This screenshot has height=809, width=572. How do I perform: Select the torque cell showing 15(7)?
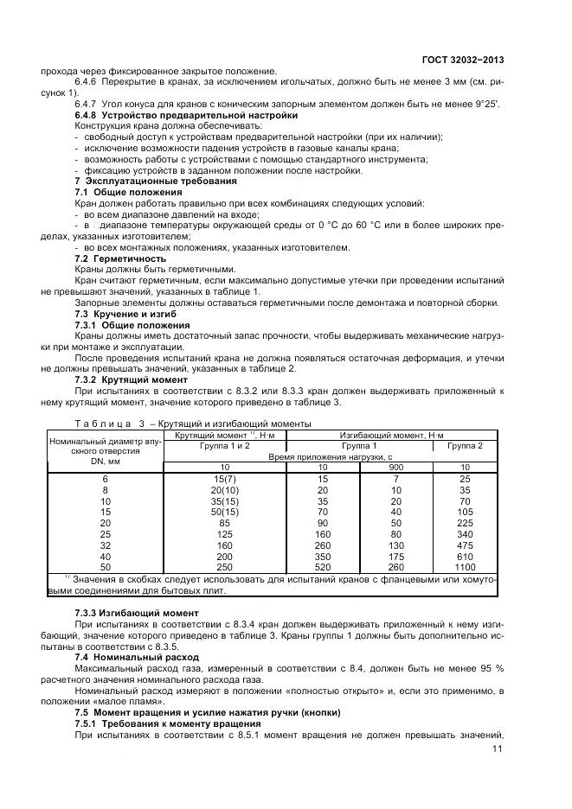(224, 478)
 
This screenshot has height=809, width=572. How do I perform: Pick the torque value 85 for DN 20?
(224, 522)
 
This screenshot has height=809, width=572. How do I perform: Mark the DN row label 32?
(106, 545)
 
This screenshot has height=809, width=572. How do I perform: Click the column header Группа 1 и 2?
(224, 445)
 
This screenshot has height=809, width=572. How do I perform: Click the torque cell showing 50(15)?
(224, 511)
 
